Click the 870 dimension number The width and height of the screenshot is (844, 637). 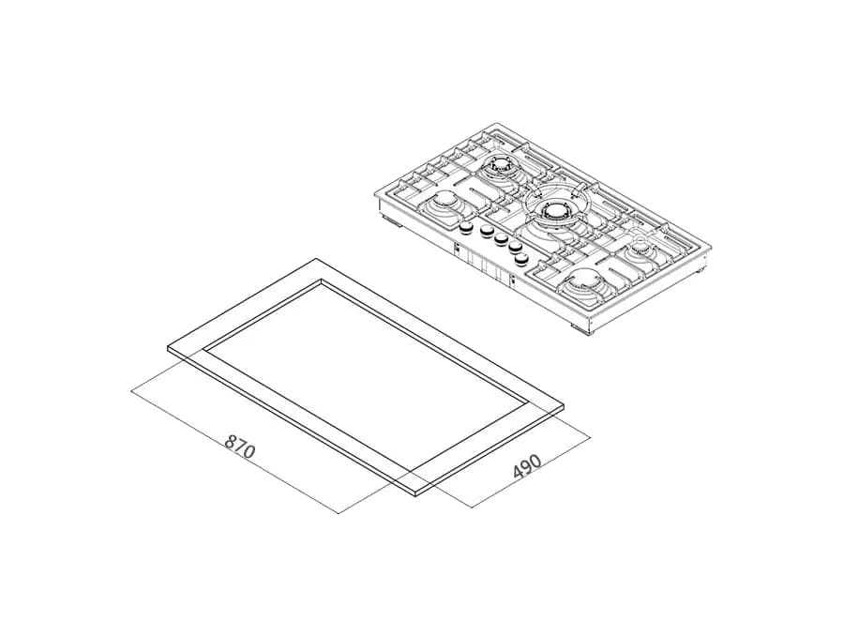pos(239,447)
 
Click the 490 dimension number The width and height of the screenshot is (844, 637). pos(526,467)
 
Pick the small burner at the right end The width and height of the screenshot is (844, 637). pos(641,247)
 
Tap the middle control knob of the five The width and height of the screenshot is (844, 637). pos(502,238)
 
